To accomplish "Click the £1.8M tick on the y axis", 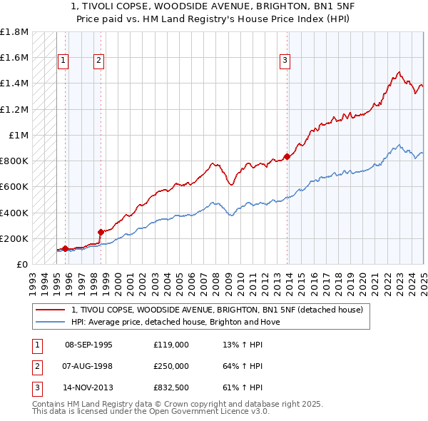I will [x=14, y=32].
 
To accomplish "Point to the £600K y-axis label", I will [x=14, y=187].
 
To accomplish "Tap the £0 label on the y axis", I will [x=23, y=264].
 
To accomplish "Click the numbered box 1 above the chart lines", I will [x=63, y=61].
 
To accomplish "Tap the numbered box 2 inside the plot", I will [x=98, y=61].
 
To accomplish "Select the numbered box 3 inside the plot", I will [x=285, y=61].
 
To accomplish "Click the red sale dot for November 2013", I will [x=287, y=156].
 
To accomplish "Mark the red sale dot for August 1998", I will [x=101, y=232].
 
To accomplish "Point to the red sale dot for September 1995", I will [x=65, y=248].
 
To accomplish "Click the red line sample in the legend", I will [x=51, y=310].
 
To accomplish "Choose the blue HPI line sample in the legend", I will [x=51, y=322].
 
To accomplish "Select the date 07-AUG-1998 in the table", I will [x=88, y=366].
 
